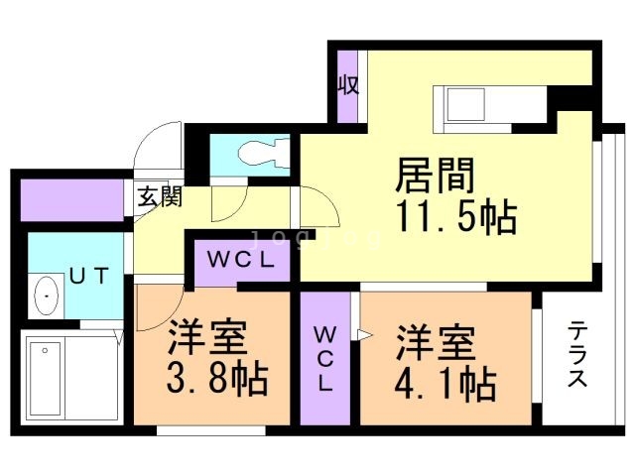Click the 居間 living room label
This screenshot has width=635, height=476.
(436, 177)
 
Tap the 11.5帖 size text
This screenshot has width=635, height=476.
(455, 216)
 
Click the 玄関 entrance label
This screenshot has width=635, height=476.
(159, 196)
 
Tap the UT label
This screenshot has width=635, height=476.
(86, 277)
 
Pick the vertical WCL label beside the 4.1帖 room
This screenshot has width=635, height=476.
(325, 358)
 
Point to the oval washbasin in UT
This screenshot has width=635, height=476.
(45, 296)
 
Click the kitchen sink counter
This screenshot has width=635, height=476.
(486, 102)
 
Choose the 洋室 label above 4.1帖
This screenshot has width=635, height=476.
(437, 341)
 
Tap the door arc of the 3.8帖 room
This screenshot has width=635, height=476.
(159, 312)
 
